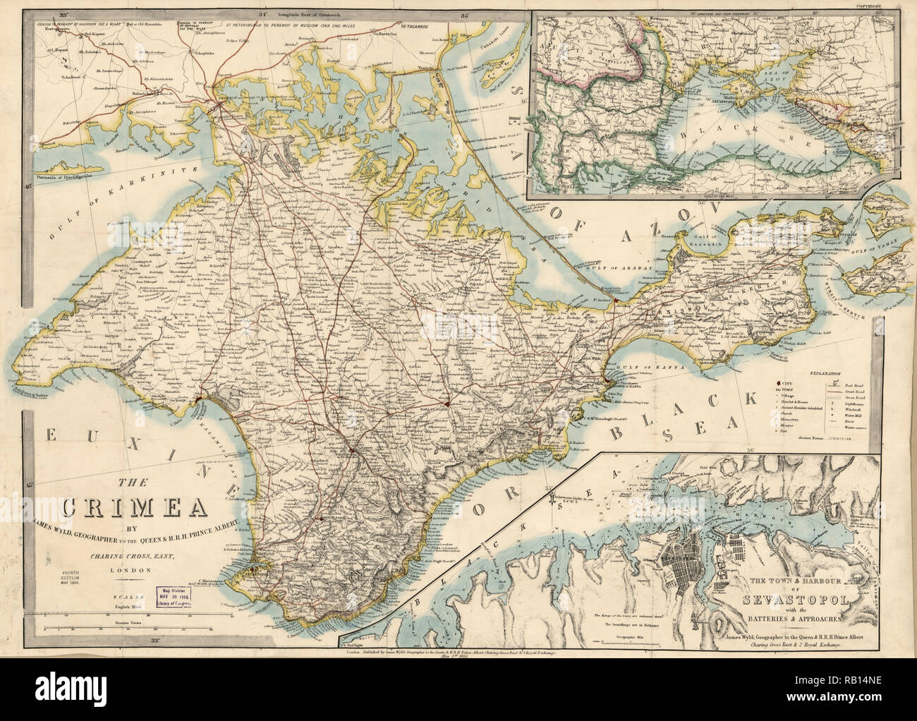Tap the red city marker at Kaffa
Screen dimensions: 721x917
coord(605,383)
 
